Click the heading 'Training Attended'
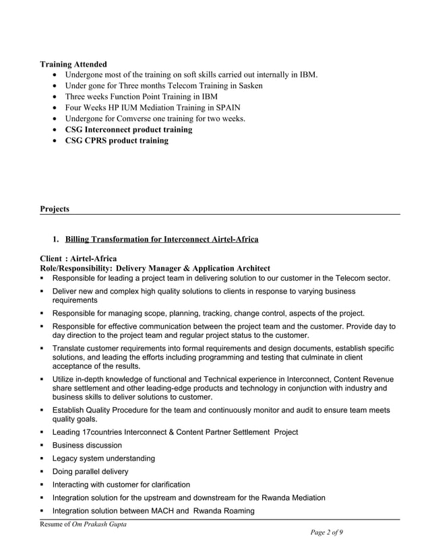tap(73, 64)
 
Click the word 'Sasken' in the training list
tap(247, 85)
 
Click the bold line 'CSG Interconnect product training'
tap(128, 129)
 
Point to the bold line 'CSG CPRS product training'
tap(117, 141)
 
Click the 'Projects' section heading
tap(55, 209)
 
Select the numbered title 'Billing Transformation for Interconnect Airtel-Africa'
tap(161, 239)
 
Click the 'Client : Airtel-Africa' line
tap(78, 258)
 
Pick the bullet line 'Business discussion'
tap(87, 445)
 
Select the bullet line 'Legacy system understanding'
tap(103, 458)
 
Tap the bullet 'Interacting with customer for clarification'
tap(121, 485)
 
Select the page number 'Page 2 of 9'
tap(326, 532)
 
